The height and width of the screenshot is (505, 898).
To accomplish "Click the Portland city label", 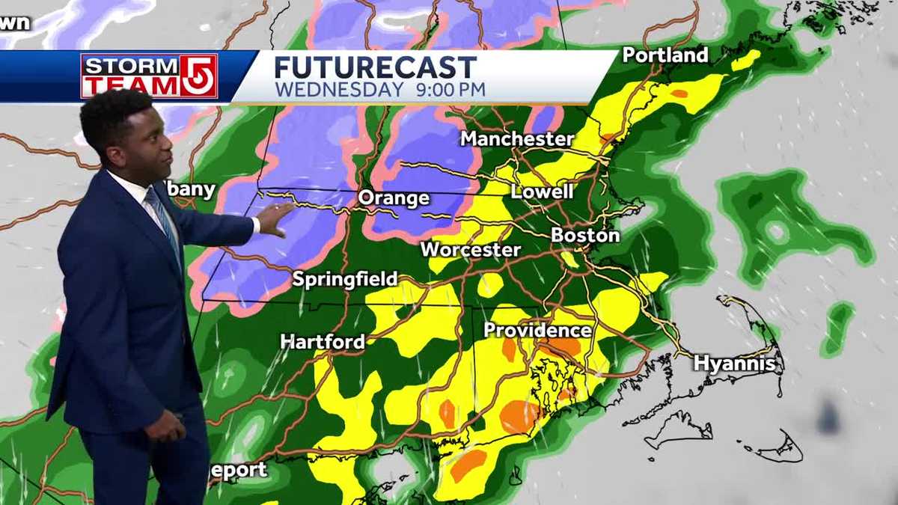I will coord(665,55).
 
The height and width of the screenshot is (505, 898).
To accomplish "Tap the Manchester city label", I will coord(516,139).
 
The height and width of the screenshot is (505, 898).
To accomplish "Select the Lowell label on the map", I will coord(542,192).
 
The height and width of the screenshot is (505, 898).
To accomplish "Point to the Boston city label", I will coord(585,235).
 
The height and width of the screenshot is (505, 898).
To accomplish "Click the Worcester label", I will coord(470,250).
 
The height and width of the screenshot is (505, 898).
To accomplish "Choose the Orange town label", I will coord(394,198).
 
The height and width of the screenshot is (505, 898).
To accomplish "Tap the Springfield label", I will coord(345,279).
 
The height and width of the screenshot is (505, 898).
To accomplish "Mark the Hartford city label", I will coord(323,342).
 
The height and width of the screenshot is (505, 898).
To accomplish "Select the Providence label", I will coord(537,330).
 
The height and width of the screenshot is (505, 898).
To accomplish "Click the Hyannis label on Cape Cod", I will coord(734,364).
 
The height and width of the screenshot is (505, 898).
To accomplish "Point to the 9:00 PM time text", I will coord(451,90).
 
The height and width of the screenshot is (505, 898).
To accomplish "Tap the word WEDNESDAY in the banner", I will coord(338,90).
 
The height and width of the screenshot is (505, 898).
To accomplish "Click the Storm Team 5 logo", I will coord(149,76).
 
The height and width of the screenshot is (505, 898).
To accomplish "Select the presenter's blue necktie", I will coord(162,218).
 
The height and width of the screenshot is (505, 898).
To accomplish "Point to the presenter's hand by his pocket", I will coord(164,426).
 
